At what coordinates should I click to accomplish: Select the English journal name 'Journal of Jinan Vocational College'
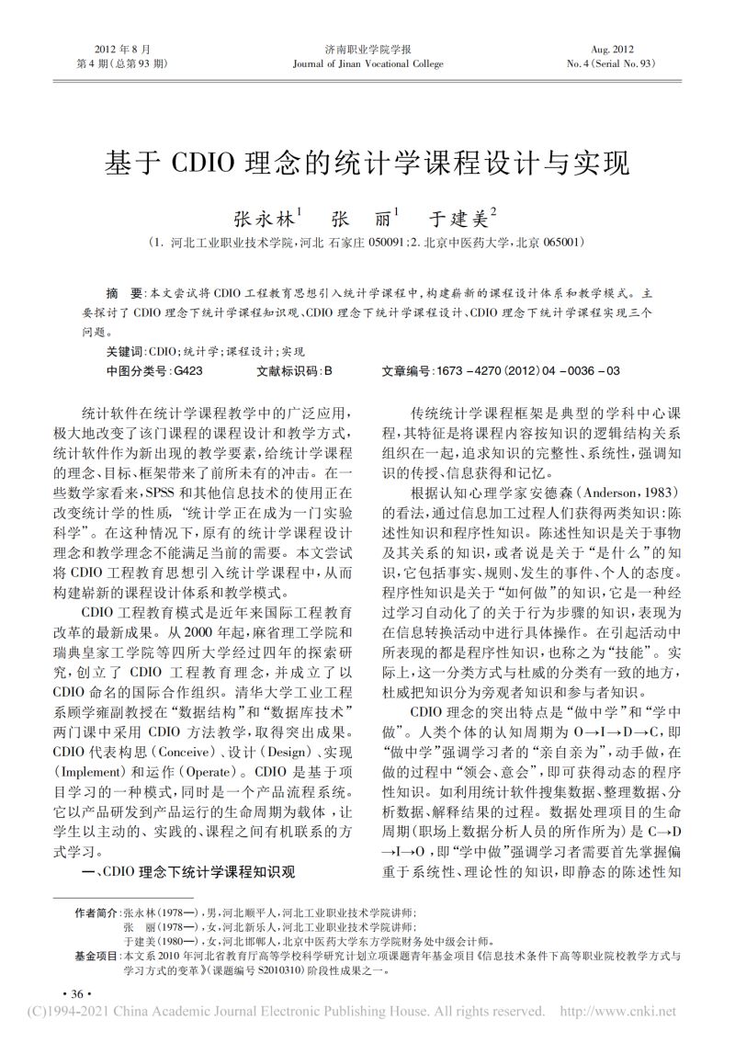(367, 64)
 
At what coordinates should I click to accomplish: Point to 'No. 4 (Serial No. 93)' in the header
(613, 64)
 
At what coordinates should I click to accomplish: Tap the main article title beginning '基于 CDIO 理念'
(367, 163)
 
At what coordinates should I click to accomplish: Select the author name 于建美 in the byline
(462, 221)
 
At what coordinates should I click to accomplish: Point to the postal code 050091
(387, 244)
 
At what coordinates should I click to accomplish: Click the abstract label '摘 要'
(124, 294)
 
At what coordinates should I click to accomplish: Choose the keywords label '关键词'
(125, 352)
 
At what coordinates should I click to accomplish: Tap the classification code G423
(188, 370)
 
